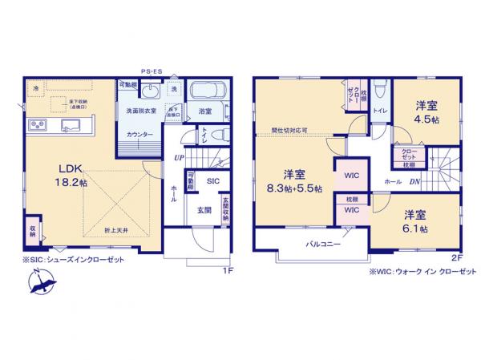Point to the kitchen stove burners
pos(38,125)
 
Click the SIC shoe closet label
pos(212,181)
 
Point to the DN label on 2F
pos(414,181)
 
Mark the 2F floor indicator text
pos(457,257)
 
